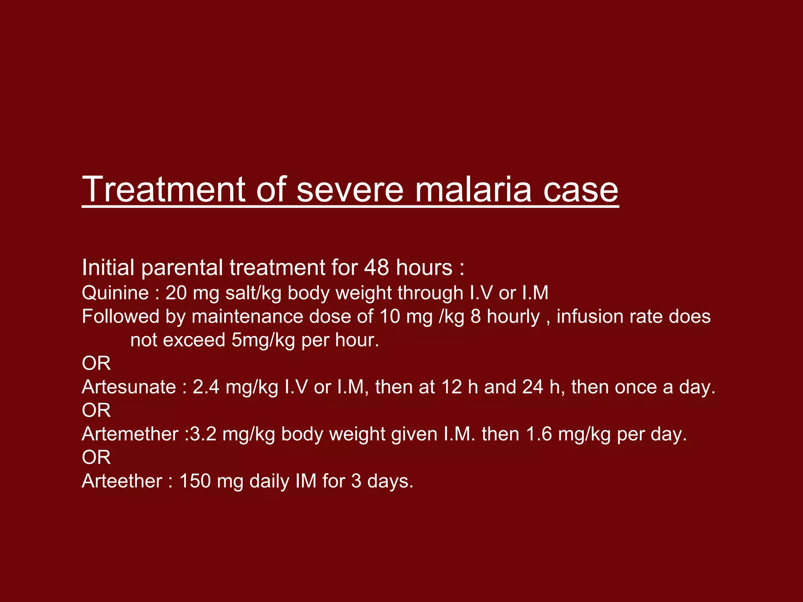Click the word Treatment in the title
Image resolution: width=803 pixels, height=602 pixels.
click(x=164, y=189)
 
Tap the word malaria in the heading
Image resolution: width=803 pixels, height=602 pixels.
click(x=472, y=189)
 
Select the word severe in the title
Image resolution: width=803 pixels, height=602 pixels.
click(x=350, y=189)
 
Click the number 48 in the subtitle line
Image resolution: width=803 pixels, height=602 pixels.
click(x=376, y=268)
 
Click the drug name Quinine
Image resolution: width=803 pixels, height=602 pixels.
click(x=115, y=293)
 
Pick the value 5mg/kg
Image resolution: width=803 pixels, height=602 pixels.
click(x=263, y=340)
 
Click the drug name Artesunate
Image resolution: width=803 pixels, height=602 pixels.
click(x=129, y=387)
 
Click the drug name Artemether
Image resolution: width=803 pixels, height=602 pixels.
click(x=130, y=434)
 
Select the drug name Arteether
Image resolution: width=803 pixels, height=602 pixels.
click(x=122, y=481)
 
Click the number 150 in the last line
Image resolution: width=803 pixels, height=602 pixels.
click(x=194, y=481)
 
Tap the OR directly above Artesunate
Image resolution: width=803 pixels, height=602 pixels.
click(x=96, y=363)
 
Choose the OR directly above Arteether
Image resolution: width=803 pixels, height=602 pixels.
click(x=96, y=457)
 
